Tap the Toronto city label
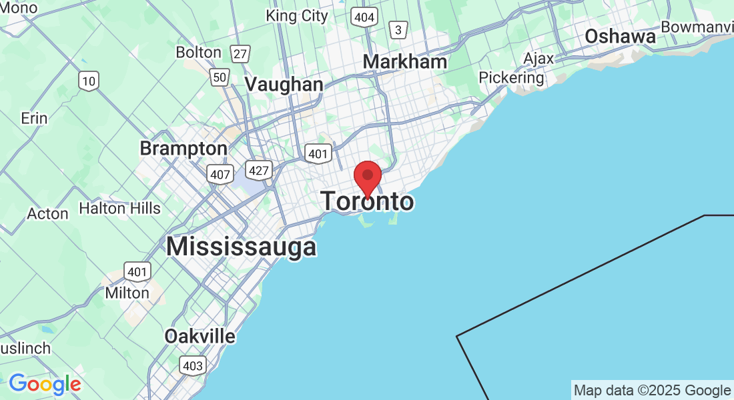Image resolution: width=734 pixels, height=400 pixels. click(368, 201)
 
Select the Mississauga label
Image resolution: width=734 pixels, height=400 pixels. click(241, 247)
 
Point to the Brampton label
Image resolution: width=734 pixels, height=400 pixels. click(183, 148)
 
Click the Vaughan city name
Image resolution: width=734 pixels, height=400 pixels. click(284, 85)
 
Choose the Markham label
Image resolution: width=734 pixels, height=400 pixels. click(404, 62)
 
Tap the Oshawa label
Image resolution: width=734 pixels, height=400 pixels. click(620, 37)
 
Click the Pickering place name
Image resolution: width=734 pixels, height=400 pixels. click(512, 78)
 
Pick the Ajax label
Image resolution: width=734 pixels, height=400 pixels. click(538, 59)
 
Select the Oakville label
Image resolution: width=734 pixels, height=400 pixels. click(200, 336)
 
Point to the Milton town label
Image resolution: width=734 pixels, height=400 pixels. click(127, 293)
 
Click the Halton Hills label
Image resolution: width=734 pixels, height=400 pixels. click(119, 209)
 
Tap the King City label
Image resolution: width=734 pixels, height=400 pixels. click(297, 16)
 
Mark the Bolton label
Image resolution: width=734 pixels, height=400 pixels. click(198, 52)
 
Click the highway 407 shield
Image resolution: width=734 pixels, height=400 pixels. click(219, 173)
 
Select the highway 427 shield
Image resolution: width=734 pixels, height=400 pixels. click(258, 170)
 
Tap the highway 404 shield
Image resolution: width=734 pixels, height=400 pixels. click(364, 17)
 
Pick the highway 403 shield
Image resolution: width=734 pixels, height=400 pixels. click(193, 365)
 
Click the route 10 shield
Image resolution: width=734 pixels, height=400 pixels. click(88, 81)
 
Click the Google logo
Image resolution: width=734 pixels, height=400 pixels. click(45, 384)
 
